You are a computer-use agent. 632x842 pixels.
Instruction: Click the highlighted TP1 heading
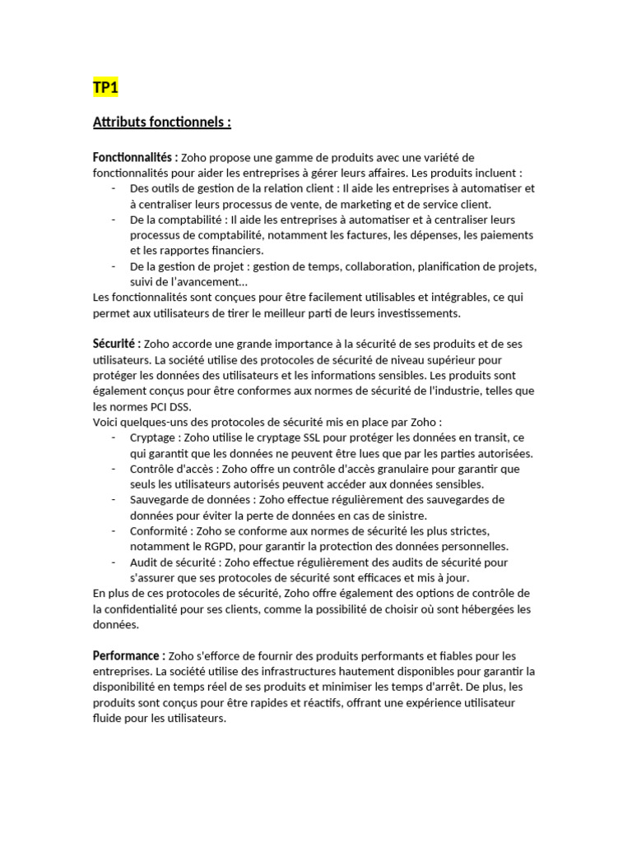pos(106,88)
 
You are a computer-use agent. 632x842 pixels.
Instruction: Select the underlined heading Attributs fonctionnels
pos(162,123)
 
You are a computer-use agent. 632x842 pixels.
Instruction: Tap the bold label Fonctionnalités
pos(135,157)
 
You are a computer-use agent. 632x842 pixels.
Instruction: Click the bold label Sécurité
pos(117,344)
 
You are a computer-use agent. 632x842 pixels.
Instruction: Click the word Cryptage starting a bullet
pos(153,437)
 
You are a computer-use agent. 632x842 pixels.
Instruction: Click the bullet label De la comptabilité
pos(176,220)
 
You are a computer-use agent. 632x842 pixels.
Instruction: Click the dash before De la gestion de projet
pos(113,266)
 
